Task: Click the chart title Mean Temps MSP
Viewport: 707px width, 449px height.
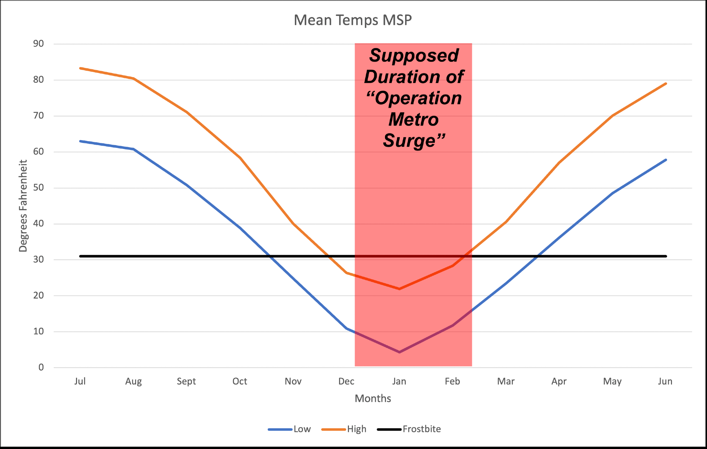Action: click(x=353, y=20)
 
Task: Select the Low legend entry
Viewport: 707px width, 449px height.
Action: click(x=302, y=429)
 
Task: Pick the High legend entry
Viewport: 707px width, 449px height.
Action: click(x=356, y=429)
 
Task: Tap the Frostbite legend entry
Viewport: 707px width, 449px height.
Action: click(x=421, y=429)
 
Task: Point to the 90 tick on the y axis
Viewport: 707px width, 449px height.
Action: click(x=39, y=44)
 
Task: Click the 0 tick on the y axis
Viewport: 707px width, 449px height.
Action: click(x=41, y=367)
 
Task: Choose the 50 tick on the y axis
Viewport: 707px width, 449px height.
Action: click(x=39, y=188)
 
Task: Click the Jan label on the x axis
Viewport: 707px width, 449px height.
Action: click(x=399, y=381)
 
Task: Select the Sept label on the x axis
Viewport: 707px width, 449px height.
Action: click(x=186, y=381)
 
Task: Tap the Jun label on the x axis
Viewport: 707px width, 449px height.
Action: click(x=665, y=381)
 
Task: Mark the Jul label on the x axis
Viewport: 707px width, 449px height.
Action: click(x=80, y=381)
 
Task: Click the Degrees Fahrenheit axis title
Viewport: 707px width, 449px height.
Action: click(x=23, y=206)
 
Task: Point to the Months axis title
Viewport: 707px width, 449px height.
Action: click(x=373, y=399)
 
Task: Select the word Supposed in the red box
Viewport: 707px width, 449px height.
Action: click(x=414, y=56)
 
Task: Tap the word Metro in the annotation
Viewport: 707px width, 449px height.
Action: click(x=414, y=119)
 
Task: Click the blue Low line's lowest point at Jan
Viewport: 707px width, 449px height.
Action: click(x=399, y=352)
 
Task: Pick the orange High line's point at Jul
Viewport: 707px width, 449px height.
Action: click(x=80, y=68)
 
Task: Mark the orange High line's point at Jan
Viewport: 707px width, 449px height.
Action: click(x=399, y=289)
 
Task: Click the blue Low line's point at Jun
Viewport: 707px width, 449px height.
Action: click(x=666, y=160)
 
